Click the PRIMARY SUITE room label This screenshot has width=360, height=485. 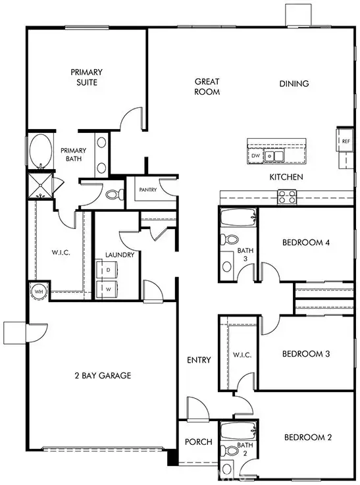point(84,77)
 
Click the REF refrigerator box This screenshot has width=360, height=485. point(346,141)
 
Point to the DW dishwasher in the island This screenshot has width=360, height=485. point(255,156)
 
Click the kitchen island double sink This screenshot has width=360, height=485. point(274,156)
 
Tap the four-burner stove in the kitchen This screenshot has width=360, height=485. point(287,195)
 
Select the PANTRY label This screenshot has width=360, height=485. point(147,190)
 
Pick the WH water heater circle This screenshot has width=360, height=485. point(38,291)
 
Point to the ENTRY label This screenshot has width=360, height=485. point(199,360)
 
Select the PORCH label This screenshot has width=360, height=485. point(198,442)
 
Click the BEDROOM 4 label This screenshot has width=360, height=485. point(306,243)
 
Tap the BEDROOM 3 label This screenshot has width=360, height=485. point(306,354)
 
